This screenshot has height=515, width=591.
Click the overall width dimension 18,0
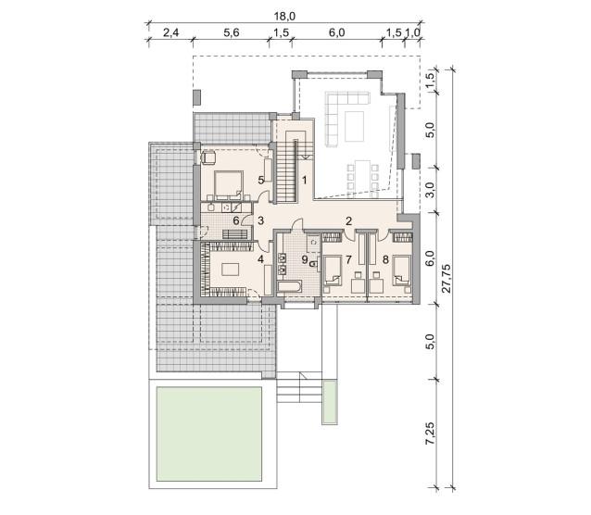[x=285, y=17]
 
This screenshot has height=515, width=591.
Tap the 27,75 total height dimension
[x=446, y=278]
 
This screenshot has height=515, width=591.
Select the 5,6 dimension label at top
[x=232, y=32]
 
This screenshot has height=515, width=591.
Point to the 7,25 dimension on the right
[x=430, y=433]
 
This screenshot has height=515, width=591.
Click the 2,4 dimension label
[x=170, y=32]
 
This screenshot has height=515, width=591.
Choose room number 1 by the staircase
[x=304, y=181]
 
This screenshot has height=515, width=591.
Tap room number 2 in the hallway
[x=348, y=221]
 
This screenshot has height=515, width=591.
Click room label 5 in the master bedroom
[x=261, y=181]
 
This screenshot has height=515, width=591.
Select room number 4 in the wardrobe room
[x=260, y=259]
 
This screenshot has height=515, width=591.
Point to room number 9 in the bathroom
[x=305, y=259]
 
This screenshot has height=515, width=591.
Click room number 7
[x=348, y=259]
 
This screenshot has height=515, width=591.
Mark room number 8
[x=385, y=259]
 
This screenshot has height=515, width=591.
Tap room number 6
[x=236, y=221]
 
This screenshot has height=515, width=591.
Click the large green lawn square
[x=209, y=433]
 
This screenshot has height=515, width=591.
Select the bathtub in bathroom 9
[x=289, y=286]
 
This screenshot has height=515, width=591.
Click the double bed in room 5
[x=229, y=185]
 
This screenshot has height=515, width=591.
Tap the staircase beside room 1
[x=286, y=171]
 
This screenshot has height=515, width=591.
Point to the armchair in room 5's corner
[x=208, y=157]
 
